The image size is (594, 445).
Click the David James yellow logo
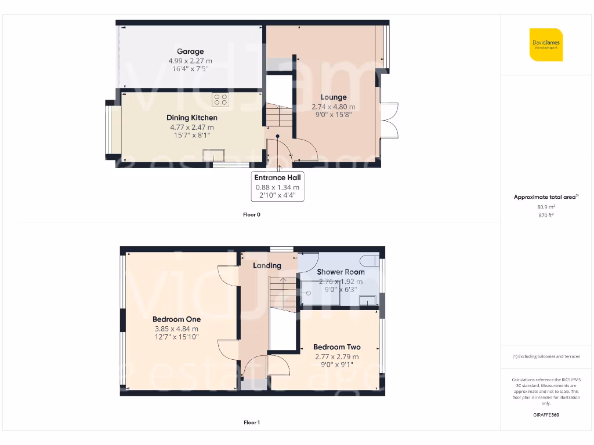(546, 45)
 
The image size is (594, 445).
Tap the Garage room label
(190, 52)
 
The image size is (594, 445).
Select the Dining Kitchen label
(191, 118)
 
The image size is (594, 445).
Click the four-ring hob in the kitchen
(220, 100)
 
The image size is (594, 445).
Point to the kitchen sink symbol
(213, 155)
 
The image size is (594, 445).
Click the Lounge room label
(334, 97)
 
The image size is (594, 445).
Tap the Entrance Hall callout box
(277, 187)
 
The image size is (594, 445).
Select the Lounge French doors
(389, 120)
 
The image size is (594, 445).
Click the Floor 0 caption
(252, 214)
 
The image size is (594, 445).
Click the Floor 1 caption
(252, 422)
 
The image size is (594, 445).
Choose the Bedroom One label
(176, 319)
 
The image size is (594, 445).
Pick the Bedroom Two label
(336, 347)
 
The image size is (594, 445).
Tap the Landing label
(267, 265)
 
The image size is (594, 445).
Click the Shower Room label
(341, 272)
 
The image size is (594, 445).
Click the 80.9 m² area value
(545, 206)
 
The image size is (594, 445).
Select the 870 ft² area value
(545, 215)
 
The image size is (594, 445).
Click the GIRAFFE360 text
(545, 415)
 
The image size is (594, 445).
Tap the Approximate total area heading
(545, 197)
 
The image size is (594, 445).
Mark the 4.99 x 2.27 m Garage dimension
(190, 60)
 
